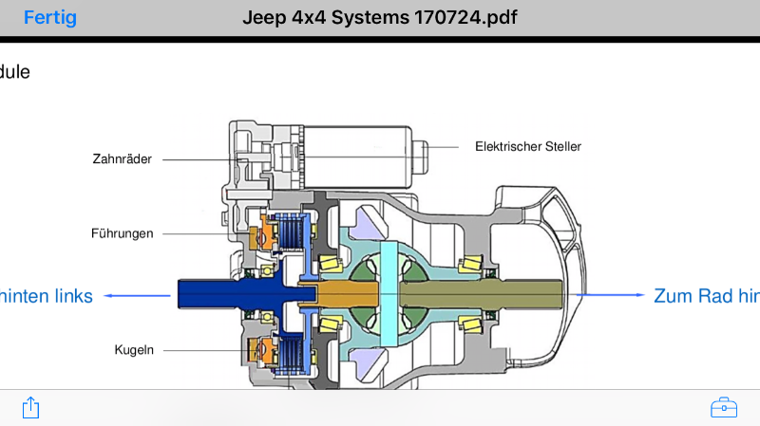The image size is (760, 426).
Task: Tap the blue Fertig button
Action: coord(50,18)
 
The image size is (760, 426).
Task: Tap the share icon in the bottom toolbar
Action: coord(30,408)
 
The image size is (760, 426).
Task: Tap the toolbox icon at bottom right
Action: coord(724,408)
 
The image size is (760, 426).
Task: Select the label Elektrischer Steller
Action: coord(528,146)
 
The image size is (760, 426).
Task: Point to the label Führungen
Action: coord(123,232)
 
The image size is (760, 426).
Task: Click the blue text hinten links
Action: coord(47,296)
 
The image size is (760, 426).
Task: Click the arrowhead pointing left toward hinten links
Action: coord(108,296)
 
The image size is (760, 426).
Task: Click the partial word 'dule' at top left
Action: coord(14,71)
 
